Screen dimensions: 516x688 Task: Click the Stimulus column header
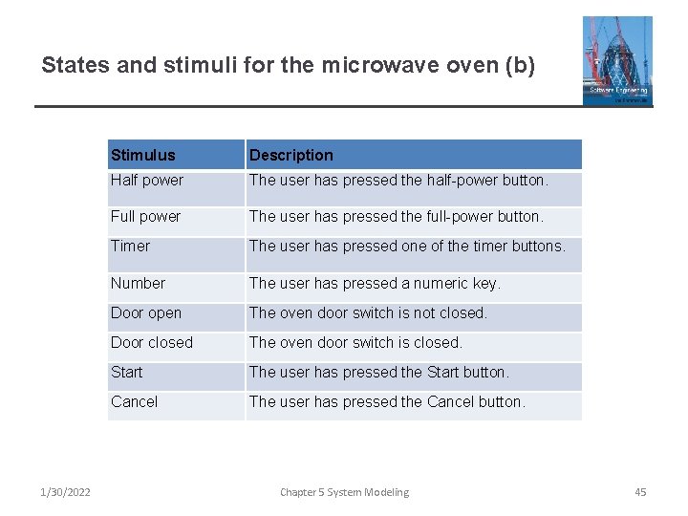[x=143, y=155]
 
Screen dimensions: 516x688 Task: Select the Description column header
[x=291, y=155]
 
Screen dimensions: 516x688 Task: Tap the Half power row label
[x=147, y=180]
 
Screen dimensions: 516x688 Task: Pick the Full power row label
[x=145, y=216]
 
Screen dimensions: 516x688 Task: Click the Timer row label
[x=130, y=246]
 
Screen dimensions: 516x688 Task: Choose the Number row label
[x=138, y=283]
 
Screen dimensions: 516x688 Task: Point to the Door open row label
[x=146, y=312]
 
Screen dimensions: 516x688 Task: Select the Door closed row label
[x=152, y=342]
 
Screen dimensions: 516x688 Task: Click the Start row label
[x=126, y=372]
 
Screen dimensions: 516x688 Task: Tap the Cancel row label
[x=134, y=401]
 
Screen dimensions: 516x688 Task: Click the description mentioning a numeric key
[x=375, y=283]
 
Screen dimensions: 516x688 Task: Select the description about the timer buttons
[x=407, y=246]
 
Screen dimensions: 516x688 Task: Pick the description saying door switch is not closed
[x=368, y=312]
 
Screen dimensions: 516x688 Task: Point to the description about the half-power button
[x=398, y=180]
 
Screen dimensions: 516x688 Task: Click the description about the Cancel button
[x=387, y=401]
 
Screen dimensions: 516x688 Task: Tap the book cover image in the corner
[x=617, y=60]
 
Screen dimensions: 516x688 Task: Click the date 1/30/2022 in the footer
[x=65, y=492]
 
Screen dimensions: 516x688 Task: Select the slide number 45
[x=640, y=492]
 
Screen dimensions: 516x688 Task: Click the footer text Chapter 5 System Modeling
[x=344, y=492]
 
